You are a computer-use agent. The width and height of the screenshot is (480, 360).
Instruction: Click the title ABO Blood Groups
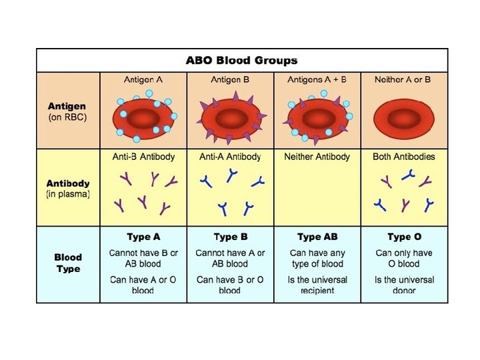point(242,61)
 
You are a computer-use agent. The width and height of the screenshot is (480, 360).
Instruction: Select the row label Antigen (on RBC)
point(67,111)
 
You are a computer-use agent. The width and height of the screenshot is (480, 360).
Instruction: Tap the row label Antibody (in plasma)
point(68,189)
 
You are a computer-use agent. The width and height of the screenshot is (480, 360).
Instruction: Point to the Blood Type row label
point(68,263)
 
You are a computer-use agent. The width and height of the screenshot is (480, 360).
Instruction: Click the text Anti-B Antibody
point(143,157)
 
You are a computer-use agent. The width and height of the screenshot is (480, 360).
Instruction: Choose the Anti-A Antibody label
point(230,157)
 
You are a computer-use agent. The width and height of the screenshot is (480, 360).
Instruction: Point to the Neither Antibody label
point(317,157)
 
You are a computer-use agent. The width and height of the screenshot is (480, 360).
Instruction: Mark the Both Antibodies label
point(403,157)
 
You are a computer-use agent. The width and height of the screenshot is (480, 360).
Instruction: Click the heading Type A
point(143,237)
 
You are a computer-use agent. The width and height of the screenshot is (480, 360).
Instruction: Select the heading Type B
point(230,237)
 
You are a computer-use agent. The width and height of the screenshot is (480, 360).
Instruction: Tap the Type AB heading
point(317,237)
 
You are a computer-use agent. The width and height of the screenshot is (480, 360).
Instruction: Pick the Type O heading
point(403,237)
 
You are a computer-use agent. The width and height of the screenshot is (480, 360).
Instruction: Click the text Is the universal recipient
point(317,285)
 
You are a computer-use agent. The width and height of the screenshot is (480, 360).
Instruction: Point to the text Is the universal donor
point(403,285)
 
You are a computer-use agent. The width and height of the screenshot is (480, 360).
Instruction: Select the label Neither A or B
point(403,80)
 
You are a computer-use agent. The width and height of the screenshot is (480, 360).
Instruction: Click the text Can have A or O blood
point(143,285)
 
